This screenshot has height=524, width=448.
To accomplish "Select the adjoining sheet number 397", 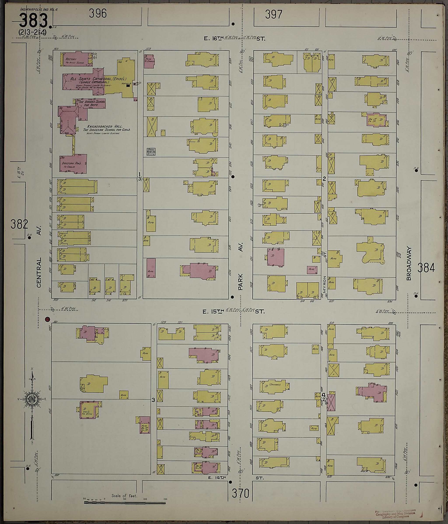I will (x=273, y=14).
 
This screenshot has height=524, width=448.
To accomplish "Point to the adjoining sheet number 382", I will (x=19, y=224).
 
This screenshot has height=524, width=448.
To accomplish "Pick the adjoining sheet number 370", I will (x=240, y=493).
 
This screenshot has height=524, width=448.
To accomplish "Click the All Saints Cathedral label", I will (x=98, y=79).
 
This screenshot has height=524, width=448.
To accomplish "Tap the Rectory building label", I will (x=71, y=59).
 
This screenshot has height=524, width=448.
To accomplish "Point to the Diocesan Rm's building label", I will (x=71, y=163).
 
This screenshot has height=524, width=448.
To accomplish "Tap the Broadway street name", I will (x=409, y=264).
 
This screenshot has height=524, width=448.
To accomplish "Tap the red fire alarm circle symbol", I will (x=47, y=319).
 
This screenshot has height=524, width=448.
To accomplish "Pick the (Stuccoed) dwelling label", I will (x=275, y=385).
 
